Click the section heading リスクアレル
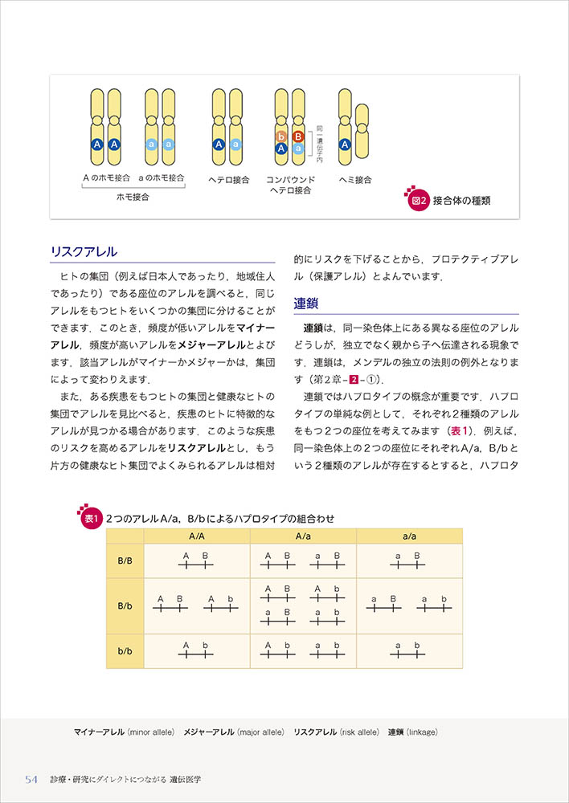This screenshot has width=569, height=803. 84,251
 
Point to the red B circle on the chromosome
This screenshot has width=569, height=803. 297,137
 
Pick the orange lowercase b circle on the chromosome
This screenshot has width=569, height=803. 281,137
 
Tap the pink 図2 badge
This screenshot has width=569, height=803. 418,202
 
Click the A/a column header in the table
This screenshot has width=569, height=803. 303,536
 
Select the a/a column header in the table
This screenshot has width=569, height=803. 409,536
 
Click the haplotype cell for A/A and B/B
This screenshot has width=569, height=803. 196,561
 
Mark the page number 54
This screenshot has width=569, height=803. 32,779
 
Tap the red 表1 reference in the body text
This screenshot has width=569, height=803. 461,430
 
